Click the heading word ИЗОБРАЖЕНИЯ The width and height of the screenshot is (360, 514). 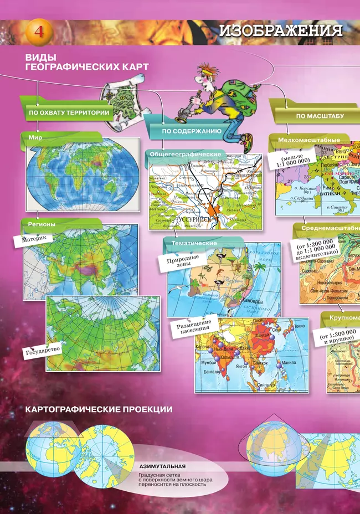pyautogui.click(x=280, y=31)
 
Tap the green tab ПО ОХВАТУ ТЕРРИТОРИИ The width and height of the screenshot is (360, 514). pyautogui.click(x=69, y=113)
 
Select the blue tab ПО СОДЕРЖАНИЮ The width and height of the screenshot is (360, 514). pyautogui.click(x=192, y=132)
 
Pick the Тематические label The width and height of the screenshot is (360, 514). pyautogui.click(x=193, y=243)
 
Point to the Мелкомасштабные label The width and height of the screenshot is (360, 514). pyautogui.click(x=309, y=141)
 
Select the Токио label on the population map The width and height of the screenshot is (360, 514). pyautogui.click(x=300, y=326)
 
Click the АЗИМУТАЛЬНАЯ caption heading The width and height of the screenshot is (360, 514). pyautogui.click(x=162, y=466)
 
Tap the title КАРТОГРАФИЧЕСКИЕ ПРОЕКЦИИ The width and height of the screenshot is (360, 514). pyautogui.click(x=99, y=409)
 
